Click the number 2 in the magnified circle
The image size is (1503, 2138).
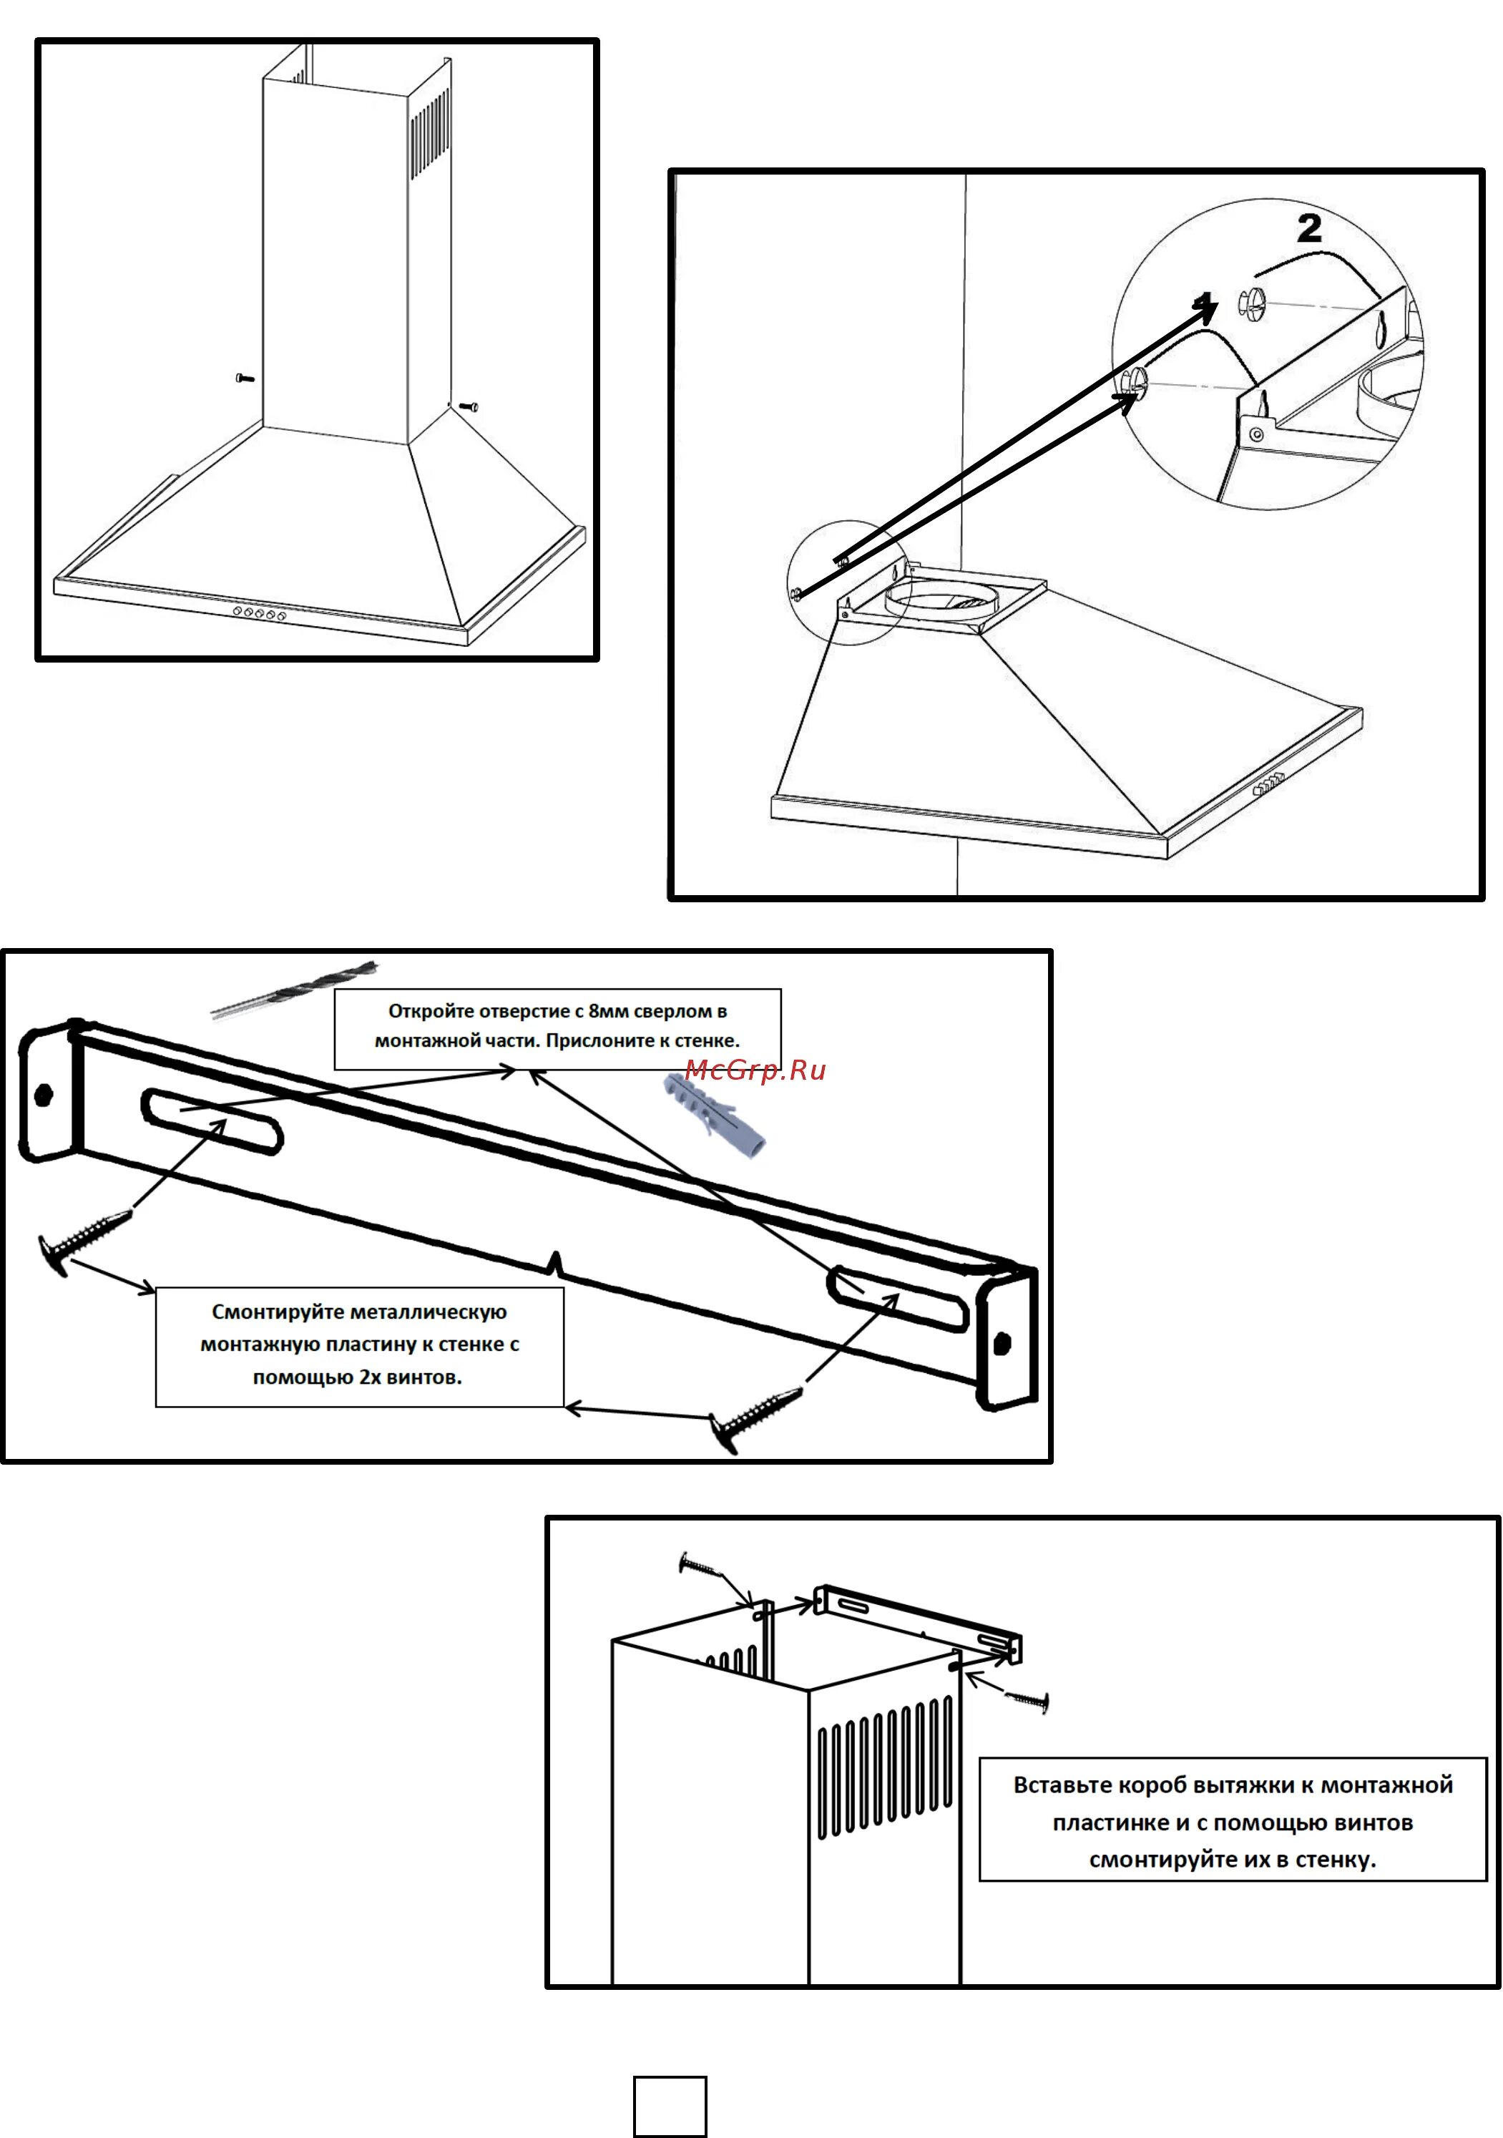[1308, 229]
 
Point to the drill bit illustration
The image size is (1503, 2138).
[294, 989]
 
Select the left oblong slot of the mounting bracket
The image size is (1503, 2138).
[211, 1121]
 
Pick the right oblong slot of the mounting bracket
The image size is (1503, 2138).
[898, 1297]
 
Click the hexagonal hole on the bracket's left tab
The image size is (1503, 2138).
[43, 1094]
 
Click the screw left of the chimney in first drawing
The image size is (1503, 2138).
[245, 378]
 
